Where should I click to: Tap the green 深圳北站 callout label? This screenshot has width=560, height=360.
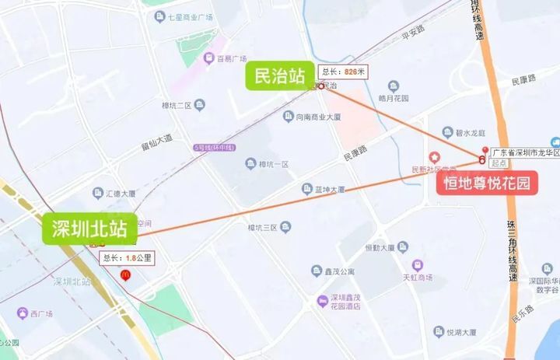[89, 229]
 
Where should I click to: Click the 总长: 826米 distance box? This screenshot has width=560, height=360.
[344, 72]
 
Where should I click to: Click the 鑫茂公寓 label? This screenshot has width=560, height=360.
[334, 271]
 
